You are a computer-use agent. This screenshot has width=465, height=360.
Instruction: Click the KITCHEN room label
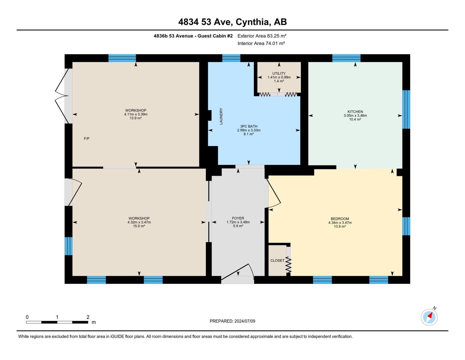[355, 112]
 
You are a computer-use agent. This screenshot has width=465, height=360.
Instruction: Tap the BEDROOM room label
[340, 219]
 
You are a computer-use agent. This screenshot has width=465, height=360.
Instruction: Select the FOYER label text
[238, 218]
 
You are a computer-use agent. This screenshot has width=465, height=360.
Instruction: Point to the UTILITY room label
[279, 73]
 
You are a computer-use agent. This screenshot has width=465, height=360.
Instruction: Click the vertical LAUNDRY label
[221, 116]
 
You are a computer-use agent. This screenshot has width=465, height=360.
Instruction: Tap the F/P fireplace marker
[87, 139]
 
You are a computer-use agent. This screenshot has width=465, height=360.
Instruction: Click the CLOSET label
[277, 260]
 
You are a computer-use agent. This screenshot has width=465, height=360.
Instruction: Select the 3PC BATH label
[249, 126]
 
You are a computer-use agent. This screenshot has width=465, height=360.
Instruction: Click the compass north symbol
[429, 317]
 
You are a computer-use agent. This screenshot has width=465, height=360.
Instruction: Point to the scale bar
[57, 322]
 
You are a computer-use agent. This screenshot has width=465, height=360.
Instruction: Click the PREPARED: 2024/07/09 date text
[232, 321]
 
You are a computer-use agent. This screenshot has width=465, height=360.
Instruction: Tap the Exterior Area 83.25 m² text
[262, 36]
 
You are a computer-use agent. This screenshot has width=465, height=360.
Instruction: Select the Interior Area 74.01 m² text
[261, 43]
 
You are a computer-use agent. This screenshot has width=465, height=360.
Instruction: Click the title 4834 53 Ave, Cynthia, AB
[232, 22]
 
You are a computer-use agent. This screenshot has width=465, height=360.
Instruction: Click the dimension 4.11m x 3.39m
[136, 114]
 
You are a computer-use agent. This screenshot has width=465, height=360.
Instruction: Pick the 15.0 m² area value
[139, 226]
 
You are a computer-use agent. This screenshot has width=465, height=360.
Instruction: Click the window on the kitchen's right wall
[406, 109]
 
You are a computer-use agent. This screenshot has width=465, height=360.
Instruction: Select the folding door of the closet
[288, 264]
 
